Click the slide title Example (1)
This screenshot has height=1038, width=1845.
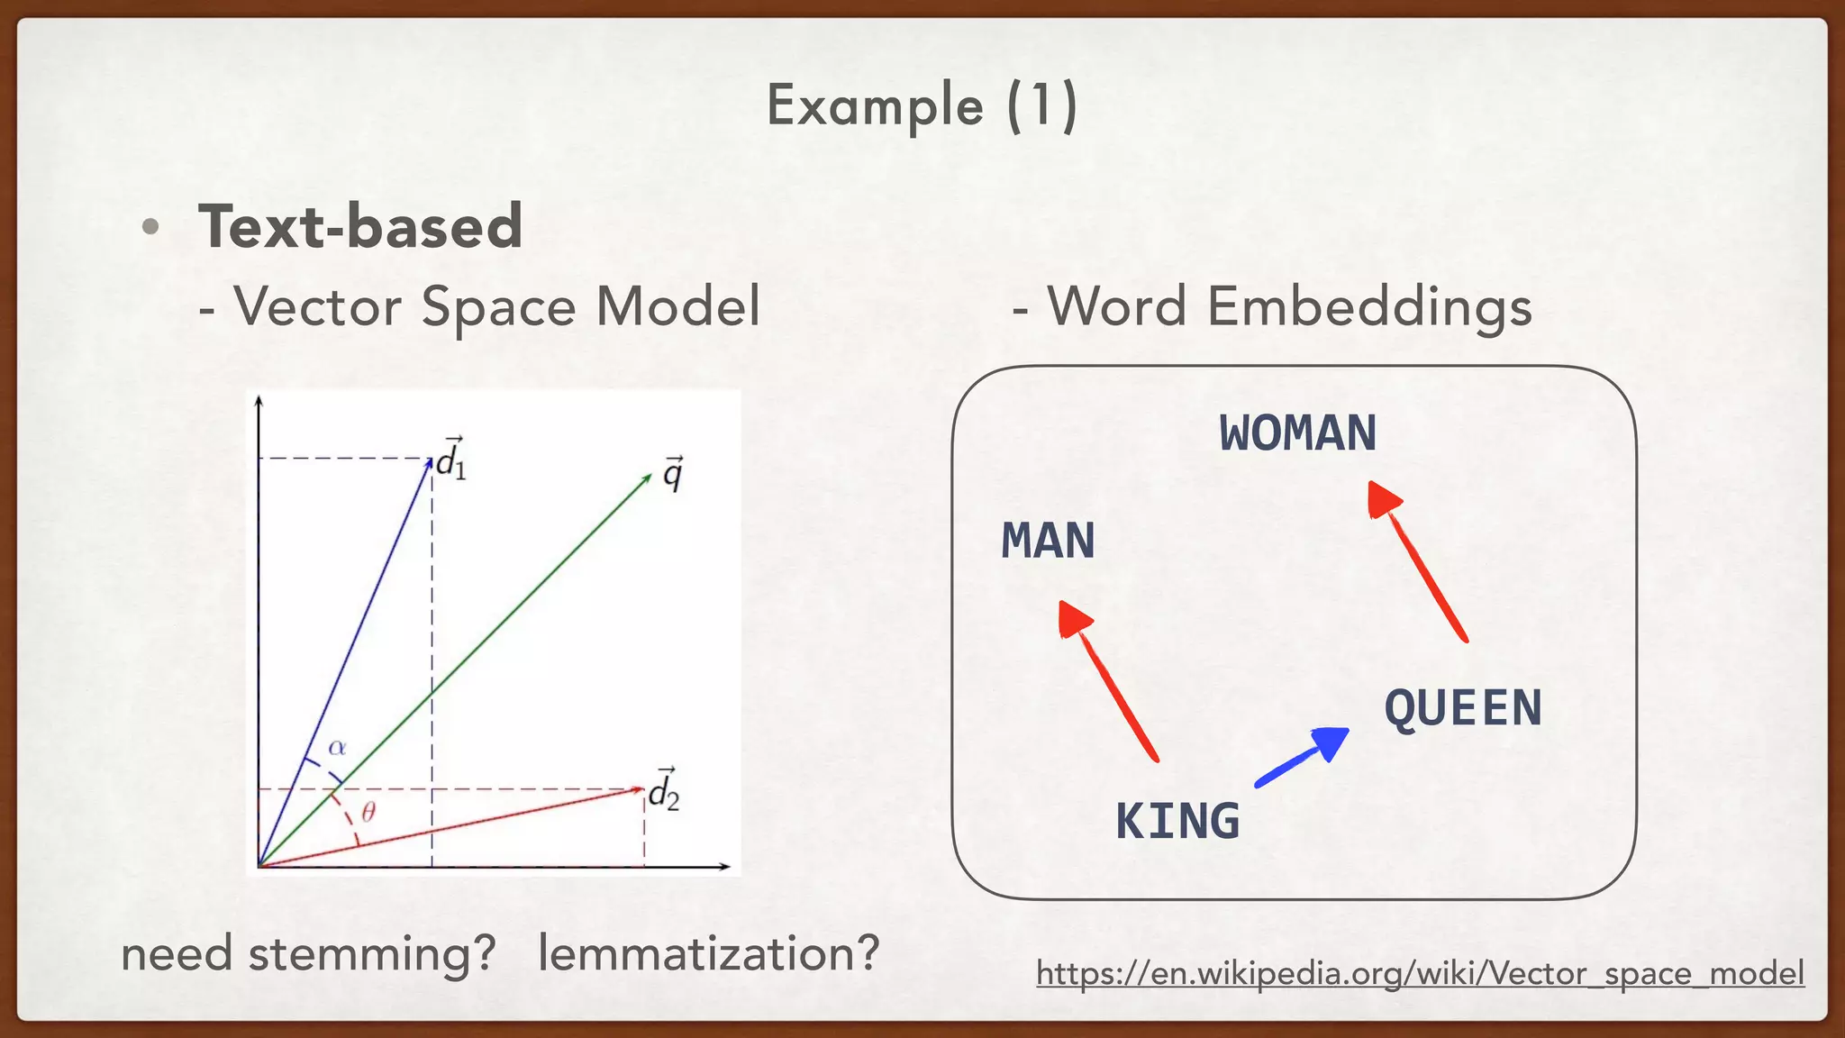pos(922,106)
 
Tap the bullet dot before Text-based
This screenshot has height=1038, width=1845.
pos(150,227)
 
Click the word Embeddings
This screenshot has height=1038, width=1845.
pos(1369,306)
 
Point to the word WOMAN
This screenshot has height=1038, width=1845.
pos(1297,433)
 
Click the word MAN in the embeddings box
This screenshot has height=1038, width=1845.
pos(1048,542)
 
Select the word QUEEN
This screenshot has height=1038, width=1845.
pos(1463,708)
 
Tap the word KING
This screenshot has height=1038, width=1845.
pos(1177,822)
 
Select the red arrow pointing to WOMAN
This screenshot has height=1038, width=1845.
pos(1417,560)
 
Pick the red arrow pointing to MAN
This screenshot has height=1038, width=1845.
pos(1108,681)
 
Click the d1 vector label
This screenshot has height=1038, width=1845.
pos(450,460)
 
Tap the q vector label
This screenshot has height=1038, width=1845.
pos(673,472)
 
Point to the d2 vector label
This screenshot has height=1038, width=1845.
pos(664,791)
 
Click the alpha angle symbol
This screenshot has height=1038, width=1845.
pos(337,748)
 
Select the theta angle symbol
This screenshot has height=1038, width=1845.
pos(368,814)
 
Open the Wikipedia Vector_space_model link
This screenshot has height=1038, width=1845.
pos(1420,973)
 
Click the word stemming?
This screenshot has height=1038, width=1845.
pos(372,953)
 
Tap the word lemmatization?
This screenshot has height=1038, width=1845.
pos(708,953)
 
